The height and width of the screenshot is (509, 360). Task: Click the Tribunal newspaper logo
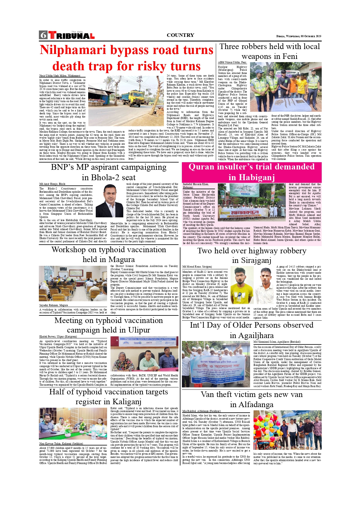tap(71, 35)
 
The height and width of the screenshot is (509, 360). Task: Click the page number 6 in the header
tap(43, 35)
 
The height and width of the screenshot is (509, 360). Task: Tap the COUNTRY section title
tap(180, 35)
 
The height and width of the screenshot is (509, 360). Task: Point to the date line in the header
tap(299, 36)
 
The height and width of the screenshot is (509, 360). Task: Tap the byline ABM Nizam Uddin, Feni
tap(232, 62)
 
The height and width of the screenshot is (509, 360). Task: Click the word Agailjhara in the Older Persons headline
tap(256, 335)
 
